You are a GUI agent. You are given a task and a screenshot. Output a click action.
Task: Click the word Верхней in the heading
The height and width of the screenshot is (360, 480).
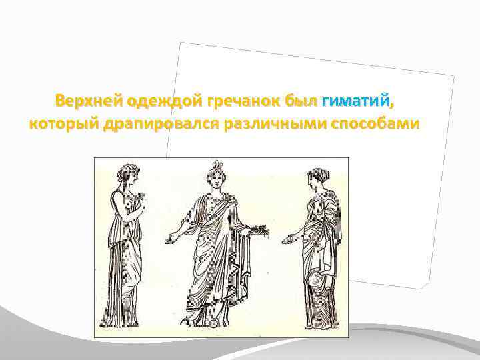(x=85, y=101)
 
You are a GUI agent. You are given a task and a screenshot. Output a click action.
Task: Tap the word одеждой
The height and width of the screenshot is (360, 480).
(x=154, y=101)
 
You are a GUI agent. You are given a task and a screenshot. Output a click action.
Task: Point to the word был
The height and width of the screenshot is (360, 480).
(x=301, y=101)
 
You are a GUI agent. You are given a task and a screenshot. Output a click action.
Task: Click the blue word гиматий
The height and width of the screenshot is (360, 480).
(x=355, y=101)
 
